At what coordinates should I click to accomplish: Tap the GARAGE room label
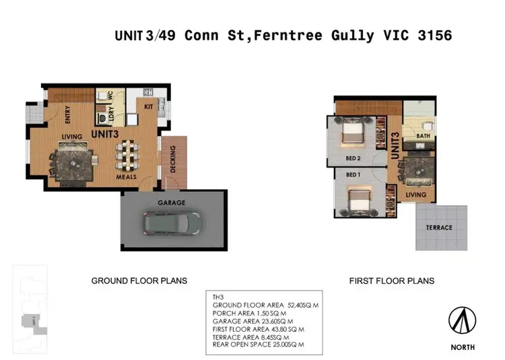pyautogui.click(x=172, y=203)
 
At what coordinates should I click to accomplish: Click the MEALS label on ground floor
pyautogui.click(x=126, y=177)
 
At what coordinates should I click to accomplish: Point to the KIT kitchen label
pyautogui.click(x=149, y=106)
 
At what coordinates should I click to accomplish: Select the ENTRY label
pyautogui.click(x=68, y=116)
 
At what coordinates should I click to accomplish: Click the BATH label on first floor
pyautogui.click(x=423, y=136)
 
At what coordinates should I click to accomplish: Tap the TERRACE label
pyautogui.click(x=439, y=227)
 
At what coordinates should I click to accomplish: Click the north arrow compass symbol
pyautogui.click(x=463, y=321)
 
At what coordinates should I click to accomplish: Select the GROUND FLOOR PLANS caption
pyautogui.click(x=139, y=281)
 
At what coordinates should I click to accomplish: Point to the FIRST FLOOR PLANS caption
pyautogui.click(x=391, y=281)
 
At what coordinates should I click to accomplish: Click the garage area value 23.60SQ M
pyautogui.click(x=286, y=321)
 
